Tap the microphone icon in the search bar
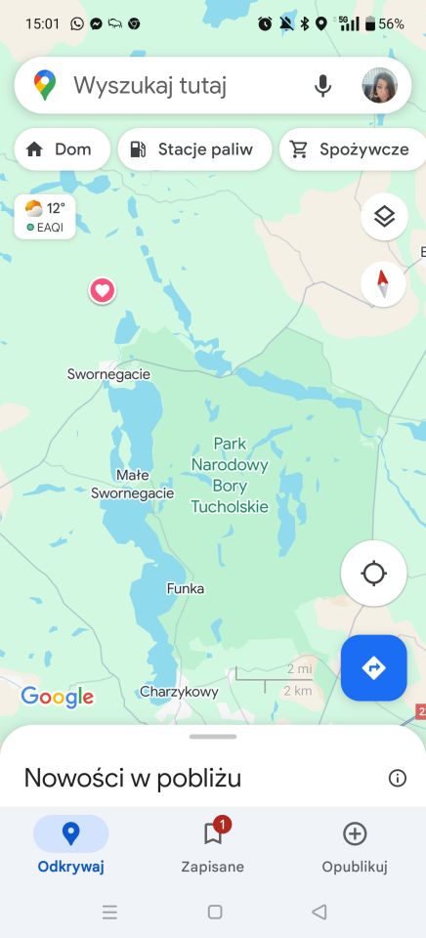(x=322, y=86)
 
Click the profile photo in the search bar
(x=379, y=86)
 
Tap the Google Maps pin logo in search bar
(x=45, y=86)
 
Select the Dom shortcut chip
(x=61, y=149)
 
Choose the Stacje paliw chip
(x=193, y=149)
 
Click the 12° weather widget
(x=45, y=216)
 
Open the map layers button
(x=384, y=217)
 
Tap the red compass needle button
(x=383, y=283)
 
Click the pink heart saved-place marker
(x=102, y=290)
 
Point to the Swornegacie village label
(x=108, y=374)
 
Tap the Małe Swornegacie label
(x=132, y=485)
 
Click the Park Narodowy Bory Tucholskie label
(x=230, y=475)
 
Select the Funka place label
(x=186, y=589)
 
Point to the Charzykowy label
(x=179, y=692)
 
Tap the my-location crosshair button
(x=373, y=574)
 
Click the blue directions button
(x=373, y=668)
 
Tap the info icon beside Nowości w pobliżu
(x=397, y=778)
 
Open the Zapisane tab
(x=213, y=846)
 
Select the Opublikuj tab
(x=355, y=846)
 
